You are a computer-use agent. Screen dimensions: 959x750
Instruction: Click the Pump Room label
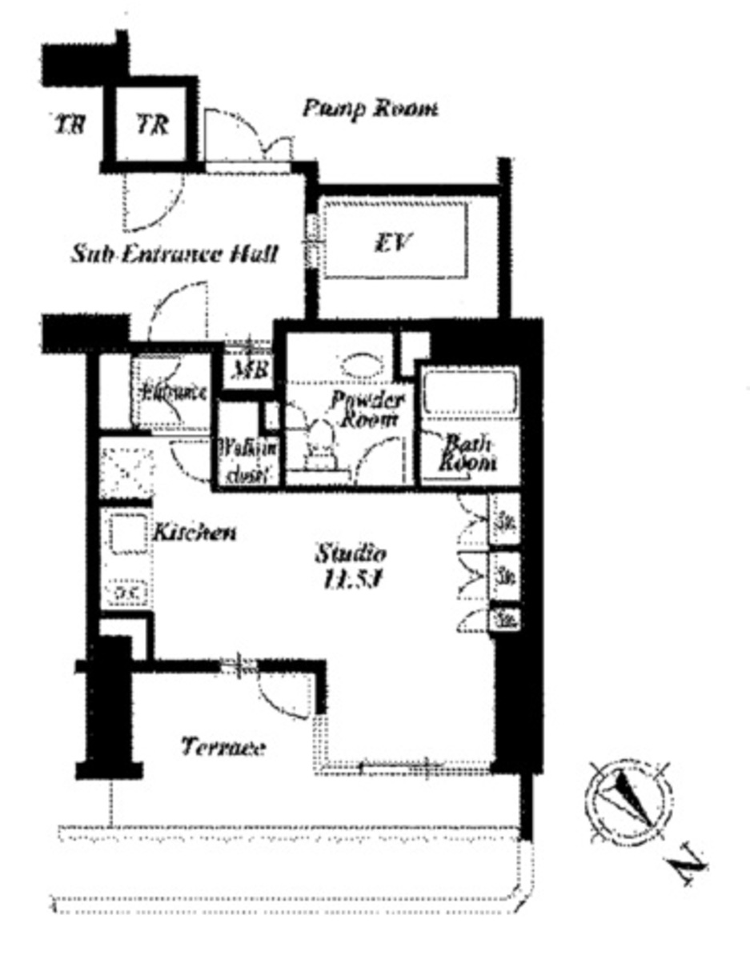(369, 109)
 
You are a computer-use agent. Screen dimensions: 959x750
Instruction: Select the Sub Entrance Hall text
(174, 254)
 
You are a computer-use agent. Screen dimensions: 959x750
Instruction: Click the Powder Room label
(367, 409)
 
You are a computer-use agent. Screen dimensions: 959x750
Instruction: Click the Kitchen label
(194, 532)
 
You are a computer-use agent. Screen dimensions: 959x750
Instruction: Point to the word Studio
(351, 553)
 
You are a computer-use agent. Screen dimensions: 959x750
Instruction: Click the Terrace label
(223, 748)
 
